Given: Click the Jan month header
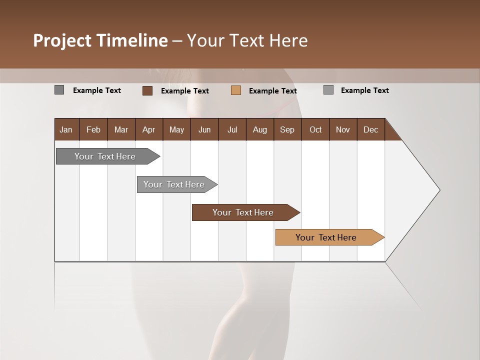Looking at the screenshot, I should [x=66, y=129].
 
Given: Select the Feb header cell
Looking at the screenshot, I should [x=93, y=129].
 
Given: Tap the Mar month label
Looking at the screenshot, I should [x=121, y=129].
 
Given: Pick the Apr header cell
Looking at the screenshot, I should [x=149, y=129].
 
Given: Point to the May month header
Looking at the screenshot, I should [x=176, y=129].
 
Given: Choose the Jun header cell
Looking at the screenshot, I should [x=204, y=129].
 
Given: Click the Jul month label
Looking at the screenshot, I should [x=232, y=129].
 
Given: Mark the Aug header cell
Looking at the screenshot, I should [x=260, y=129].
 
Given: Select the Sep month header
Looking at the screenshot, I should [x=287, y=129].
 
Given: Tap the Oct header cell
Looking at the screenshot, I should [x=315, y=129].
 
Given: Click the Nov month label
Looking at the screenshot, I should [x=343, y=129].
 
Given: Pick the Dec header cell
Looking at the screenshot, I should [x=371, y=129].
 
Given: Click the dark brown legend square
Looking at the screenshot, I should [x=147, y=90].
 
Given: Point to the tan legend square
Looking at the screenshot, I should [x=236, y=90].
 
